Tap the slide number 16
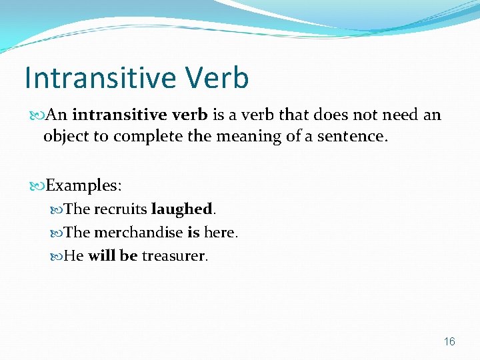[x=449, y=341]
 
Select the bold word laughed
[x=181, y=209]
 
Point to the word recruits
[x=121, y=209]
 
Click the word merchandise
[x=138, y=233]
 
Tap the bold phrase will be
[x=112, y=256]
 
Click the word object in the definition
[x=64, y=136]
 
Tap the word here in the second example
[x=220, y=233]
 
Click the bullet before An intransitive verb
[x=37, y=115]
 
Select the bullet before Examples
[x=37, y=184]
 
